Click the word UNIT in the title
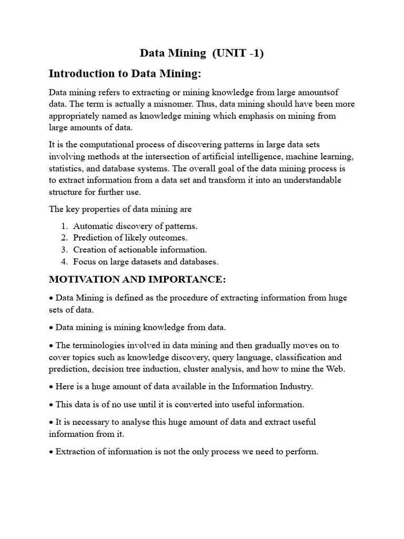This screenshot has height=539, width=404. tap(230, 53)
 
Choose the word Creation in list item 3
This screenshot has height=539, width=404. tap(89, 249)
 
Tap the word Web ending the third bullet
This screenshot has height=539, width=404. tap(335, 368)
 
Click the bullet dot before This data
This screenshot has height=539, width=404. tap(51, 405)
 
